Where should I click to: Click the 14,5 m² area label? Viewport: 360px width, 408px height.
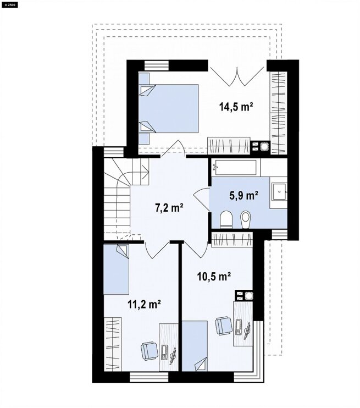coord(236,107)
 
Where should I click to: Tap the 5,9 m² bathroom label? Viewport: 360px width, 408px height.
coord(243,195)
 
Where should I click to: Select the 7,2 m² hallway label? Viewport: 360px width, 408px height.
coord(169,208)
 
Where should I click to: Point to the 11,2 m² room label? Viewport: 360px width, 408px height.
coord(144,304)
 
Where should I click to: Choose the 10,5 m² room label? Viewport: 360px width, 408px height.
coord(214,277)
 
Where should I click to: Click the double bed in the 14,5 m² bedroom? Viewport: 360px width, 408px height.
coord(169,108)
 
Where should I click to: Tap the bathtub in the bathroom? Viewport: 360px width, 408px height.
coord(236,167)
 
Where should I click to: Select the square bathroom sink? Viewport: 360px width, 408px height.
coord(279,192)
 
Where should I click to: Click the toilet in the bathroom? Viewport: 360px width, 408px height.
coord(226,219)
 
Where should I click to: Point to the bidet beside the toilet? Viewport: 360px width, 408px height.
coord(245,219)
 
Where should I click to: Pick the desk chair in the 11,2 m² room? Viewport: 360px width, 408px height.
coord(149,351)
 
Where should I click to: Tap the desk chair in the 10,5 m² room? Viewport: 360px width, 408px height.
coord(224,326)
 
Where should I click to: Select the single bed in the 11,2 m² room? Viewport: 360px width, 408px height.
coord(117,269)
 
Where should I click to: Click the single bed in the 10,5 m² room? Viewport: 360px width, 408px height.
coord(195,346)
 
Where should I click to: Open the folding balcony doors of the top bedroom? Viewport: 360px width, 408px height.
coord(237,76)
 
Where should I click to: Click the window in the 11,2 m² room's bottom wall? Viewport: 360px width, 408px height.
coord(149,377)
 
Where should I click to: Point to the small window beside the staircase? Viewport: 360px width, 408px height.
coord(113,152)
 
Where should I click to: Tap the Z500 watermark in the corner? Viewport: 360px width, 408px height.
coord(10,5)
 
